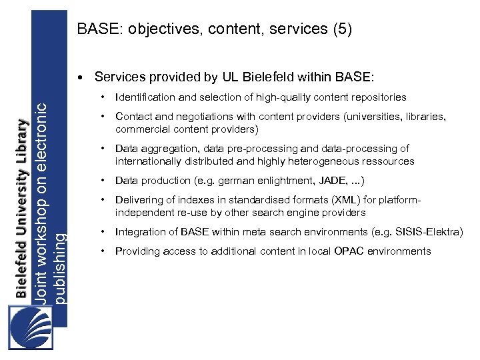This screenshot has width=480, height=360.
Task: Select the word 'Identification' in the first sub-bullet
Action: (144, 97)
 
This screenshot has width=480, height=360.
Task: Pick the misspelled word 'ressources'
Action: (389, 161)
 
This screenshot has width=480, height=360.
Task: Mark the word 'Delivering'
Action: (140, 200)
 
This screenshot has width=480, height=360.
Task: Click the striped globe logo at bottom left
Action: (31, 326)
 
